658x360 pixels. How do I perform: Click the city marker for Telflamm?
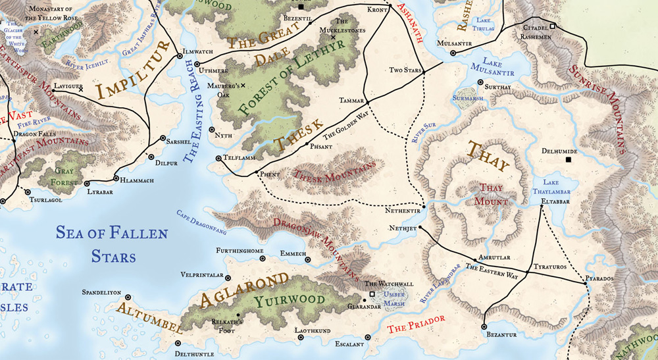(x=218, y=158)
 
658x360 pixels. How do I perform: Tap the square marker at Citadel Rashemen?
(x=553, y=26)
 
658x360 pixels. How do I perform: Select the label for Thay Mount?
(x=491, y=193)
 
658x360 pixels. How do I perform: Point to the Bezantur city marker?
(x=484, y=326)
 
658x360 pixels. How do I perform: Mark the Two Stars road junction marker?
(x=424, y=71)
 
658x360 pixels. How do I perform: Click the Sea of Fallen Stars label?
(x=112, y=244)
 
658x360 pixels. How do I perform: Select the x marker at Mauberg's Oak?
(x=243, y=86)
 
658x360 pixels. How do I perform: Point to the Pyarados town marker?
(x=584, y=283)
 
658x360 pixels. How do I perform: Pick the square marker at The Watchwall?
(x=372, y=294)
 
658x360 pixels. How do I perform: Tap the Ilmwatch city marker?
(x=180, y=57)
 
